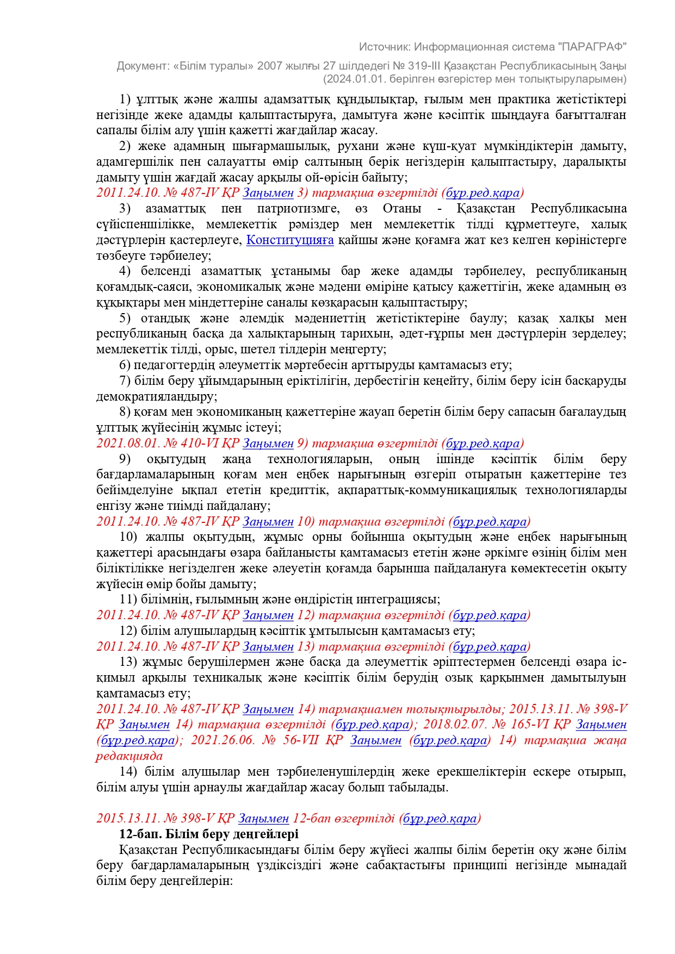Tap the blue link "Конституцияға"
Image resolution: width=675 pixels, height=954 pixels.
click(x=290, y=240)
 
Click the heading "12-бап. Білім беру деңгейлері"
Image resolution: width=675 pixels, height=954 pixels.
click(x=209, y=834)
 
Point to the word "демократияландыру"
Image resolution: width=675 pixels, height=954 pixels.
click(x=156, y=396)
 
